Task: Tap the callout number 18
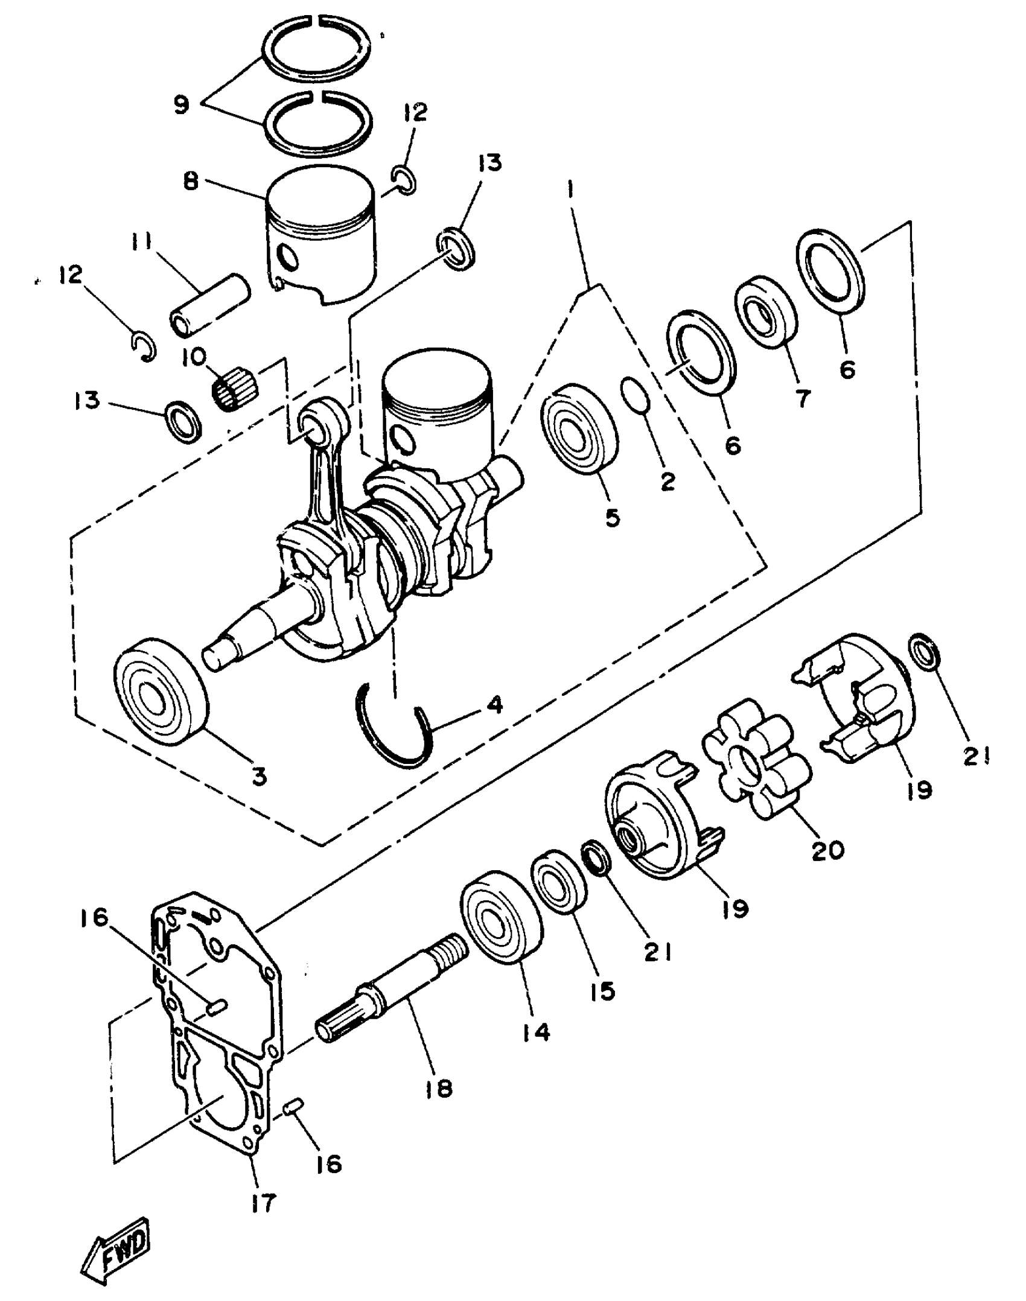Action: coord(439,1088)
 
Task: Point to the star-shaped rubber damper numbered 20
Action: coord(757,760)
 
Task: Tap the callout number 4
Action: coord(495,705)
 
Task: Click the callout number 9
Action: coord(181,104)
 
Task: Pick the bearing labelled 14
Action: coord(501,917)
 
